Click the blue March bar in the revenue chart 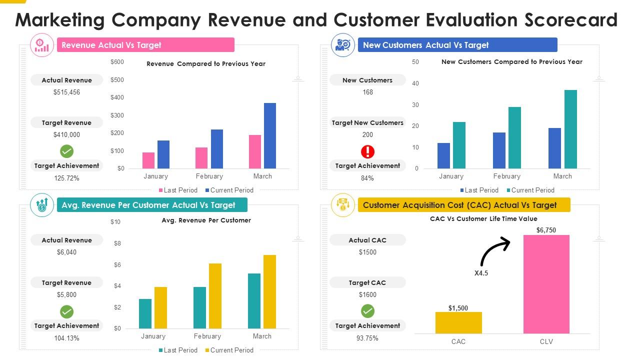(x=270, y=135)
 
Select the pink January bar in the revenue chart (x=148, y=160)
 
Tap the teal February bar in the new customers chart (x=514, y=137)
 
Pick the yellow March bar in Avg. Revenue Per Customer (x=269, y=291)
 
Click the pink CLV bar (x=546, y=284)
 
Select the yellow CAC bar (x=458, y=322)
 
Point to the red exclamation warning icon (x=367, y=151)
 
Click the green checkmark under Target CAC (x=367, y=311)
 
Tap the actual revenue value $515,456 (x=66, y=92)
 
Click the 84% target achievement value (x=367, y=178)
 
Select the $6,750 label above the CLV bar (x=546, y=230)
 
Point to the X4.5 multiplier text (x=481, y=273)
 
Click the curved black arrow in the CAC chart (x=494, y=251)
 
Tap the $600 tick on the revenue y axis (x=117, y=62)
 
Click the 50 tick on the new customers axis (x=415, y=62)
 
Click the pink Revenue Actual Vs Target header (x=145, y=45)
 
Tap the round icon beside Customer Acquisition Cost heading (x=342, y=205)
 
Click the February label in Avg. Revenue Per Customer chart (x=207, y=336)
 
